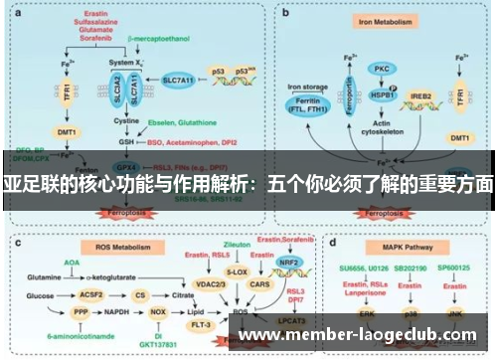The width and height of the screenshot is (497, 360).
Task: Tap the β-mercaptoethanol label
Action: point(158,40)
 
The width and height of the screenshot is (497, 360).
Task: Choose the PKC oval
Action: point(380,70)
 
